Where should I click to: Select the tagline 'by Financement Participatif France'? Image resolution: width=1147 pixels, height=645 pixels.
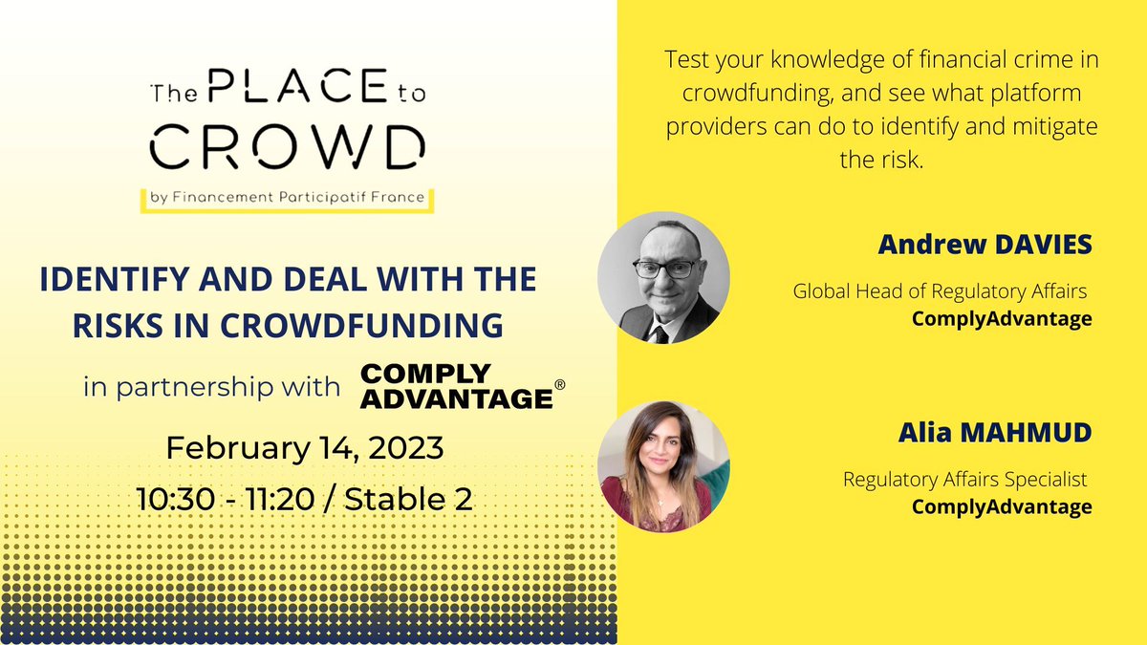[x=287, y=200]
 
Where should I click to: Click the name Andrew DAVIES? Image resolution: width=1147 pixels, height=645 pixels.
[x=985, y=246]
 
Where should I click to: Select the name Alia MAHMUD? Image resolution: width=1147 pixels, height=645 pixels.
[x=994, y=434]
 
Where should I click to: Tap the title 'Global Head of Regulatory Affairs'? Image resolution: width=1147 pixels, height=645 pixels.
[x=941, y=290]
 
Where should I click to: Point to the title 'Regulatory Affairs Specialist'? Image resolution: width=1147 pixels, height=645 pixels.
[x=965, y=479]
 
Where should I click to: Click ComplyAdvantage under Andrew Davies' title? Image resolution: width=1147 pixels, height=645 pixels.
[x=1002, y=318]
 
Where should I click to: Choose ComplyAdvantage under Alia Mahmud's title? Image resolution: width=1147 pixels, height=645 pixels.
[x=1002, y=506]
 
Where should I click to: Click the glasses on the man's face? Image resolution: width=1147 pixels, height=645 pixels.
[x=665, y=269]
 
